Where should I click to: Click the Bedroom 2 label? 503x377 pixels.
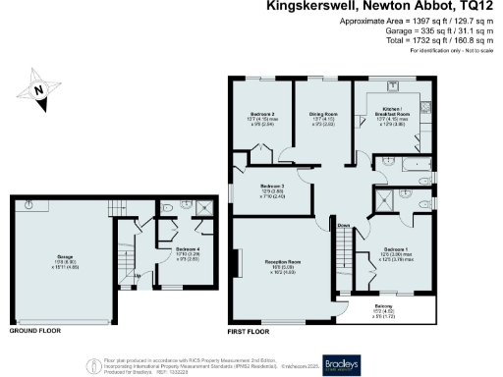pyautogui.click(x=261, y=114)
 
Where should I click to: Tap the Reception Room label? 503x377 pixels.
pyautogui.click(x=282, y=261)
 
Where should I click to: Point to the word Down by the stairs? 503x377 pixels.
pyautogui.click(x=344, y=225)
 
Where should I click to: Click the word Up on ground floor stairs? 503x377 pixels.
pyautogui.click(x=136, y=276)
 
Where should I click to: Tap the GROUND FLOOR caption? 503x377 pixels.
pyautogui.click(x=33, y=332)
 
